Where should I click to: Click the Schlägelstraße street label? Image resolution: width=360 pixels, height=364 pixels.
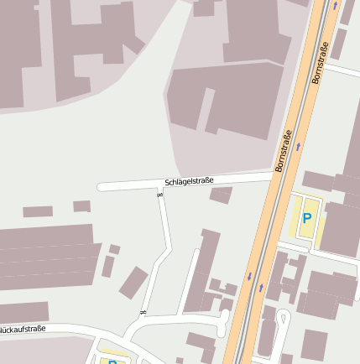189,181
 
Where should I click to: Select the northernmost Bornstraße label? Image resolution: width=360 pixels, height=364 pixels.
320,63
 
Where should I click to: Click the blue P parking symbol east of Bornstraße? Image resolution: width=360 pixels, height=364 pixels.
307,218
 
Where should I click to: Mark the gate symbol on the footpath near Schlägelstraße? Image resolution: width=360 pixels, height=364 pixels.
160,195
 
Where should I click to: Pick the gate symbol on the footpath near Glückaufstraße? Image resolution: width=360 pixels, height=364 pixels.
143,313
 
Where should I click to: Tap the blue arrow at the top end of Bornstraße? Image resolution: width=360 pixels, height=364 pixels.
335,7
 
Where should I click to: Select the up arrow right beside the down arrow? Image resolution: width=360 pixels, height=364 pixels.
261,287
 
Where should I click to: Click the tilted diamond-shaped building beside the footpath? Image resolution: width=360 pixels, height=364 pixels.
133,283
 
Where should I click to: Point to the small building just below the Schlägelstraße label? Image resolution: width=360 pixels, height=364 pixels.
222,195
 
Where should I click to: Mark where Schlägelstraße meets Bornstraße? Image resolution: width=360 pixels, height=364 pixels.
273,177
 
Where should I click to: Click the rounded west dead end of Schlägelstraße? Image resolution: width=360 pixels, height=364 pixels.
101,187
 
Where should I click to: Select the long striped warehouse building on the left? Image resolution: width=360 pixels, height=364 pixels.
46,256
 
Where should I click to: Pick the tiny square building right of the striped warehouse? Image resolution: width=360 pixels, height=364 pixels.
114,249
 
